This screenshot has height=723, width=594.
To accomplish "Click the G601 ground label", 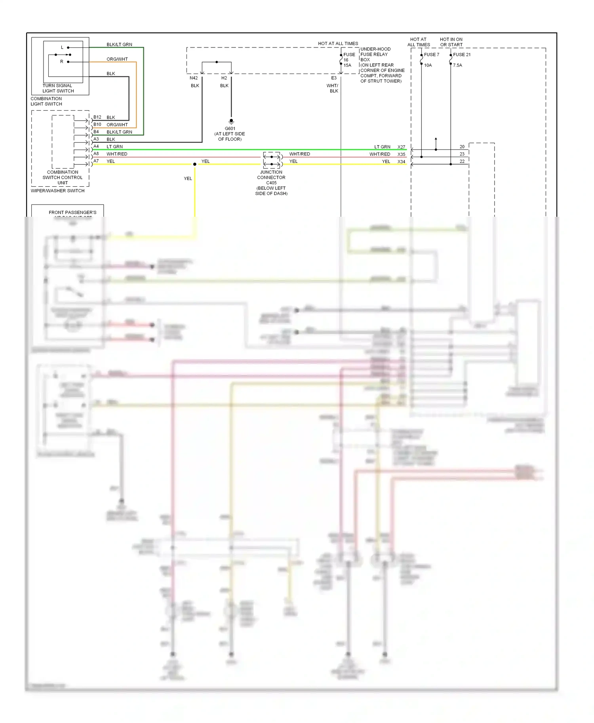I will [230, 129].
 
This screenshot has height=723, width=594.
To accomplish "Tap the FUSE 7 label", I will [431, 55].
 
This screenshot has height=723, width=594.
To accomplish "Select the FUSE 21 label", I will [462, 55].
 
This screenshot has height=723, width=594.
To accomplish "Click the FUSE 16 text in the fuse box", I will [349, 57].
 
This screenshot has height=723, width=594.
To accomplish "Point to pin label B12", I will [97, 117].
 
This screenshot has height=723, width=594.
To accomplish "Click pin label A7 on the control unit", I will [96, 161].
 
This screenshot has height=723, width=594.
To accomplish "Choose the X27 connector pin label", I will [401, 147].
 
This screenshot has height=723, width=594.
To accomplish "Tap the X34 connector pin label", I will [401, 161].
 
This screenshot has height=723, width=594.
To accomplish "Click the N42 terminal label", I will [194, 78].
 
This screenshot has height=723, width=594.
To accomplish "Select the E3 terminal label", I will [334, 78].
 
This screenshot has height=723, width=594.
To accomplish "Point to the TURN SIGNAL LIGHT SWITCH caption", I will [58, 88].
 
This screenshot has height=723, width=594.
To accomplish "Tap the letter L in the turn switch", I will [62, 47].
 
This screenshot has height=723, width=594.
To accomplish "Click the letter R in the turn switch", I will [61, 62].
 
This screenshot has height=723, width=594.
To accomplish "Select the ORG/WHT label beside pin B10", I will [117, 125].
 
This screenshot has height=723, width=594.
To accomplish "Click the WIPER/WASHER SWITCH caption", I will [57, 191].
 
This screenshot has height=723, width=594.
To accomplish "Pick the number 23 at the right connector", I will [462, 154].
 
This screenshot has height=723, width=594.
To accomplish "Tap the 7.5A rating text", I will [457, 65].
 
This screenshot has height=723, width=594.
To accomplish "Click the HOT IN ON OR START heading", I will [451, 42].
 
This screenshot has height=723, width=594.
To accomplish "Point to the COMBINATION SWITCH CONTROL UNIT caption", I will [63, 178].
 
